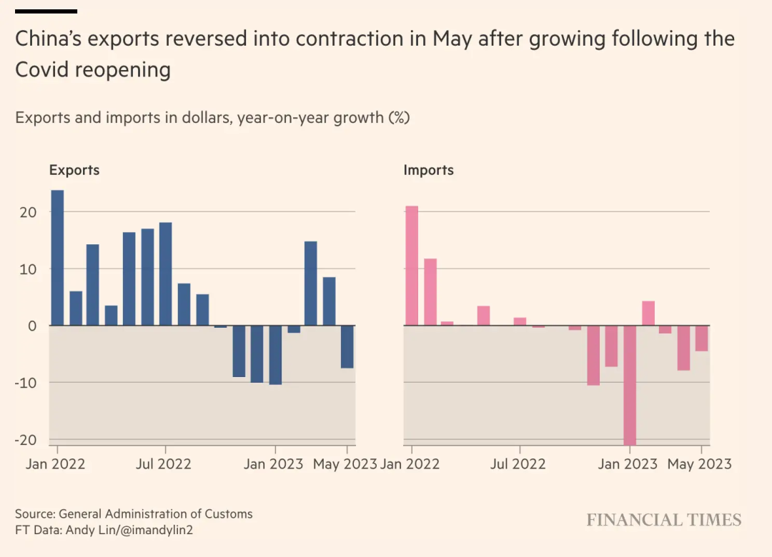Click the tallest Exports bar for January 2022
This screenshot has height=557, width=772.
click(x=57, y=258)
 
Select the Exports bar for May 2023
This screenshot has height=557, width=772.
click(x=347, y=347)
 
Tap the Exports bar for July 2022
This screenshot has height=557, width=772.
click(x=166, y=274)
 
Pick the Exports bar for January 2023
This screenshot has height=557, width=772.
click(x=275, y=355)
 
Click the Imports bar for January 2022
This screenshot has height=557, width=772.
click(x=412, y=266)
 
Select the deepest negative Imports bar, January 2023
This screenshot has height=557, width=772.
click(x=630, y=385)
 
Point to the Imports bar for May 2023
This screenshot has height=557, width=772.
click(x=702, y=338)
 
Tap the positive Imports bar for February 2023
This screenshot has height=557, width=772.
click(x=648, y=313)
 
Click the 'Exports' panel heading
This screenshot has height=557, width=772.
click(x=74, y=171)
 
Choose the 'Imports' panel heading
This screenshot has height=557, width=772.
click(x=429, y=171)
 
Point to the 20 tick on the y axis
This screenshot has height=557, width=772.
click(x=26, y=212)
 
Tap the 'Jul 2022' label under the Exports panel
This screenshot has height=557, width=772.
click(x=164, y=464)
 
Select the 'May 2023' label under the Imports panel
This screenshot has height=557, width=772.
click(x=699, y=464)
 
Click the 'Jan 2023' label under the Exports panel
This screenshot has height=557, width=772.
click(x=273, y=464)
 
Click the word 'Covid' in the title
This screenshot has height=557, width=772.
click(x=44, y=70)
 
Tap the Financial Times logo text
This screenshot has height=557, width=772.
click(x=664, y=521)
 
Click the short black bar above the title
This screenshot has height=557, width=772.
click(x=46, y=11)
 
